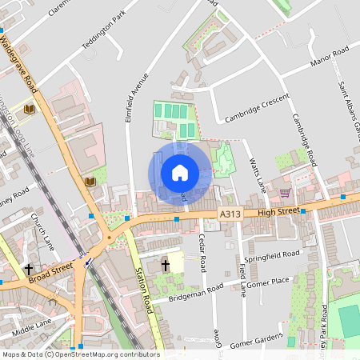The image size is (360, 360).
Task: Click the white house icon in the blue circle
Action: (180, 172)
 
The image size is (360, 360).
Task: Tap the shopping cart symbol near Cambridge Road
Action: (285, 192)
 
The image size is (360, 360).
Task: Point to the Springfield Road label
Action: (272, 258)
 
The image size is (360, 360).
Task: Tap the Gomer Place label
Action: (267, 282)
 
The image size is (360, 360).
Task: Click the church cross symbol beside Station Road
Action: (166, 264)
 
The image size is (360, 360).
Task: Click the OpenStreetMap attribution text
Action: (80, 354)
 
